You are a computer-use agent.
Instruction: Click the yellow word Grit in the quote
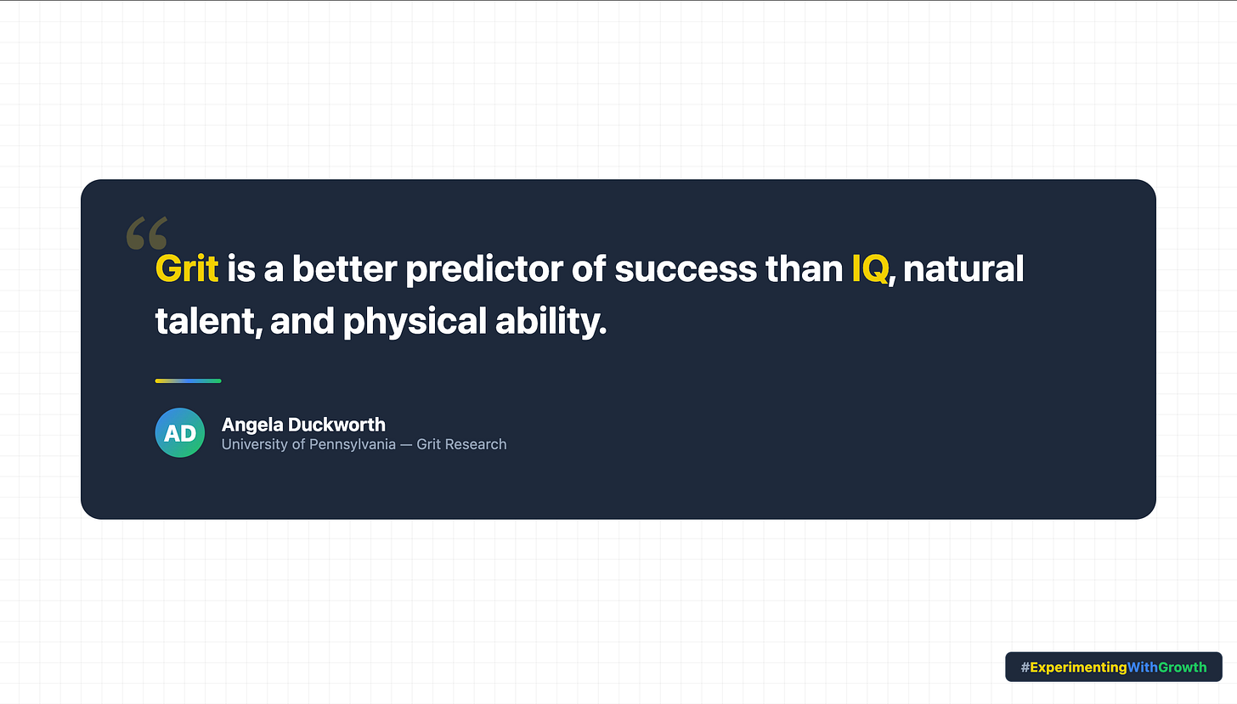[187, 269]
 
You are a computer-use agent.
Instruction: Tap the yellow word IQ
[870, 269]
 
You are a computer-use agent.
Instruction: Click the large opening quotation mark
[146, 234]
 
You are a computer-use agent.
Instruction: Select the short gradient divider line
[188, 380]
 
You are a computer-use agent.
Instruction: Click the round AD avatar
[180, 433]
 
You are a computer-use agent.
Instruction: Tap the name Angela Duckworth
[303, 425]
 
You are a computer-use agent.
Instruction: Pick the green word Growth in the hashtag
[1183, 667]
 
